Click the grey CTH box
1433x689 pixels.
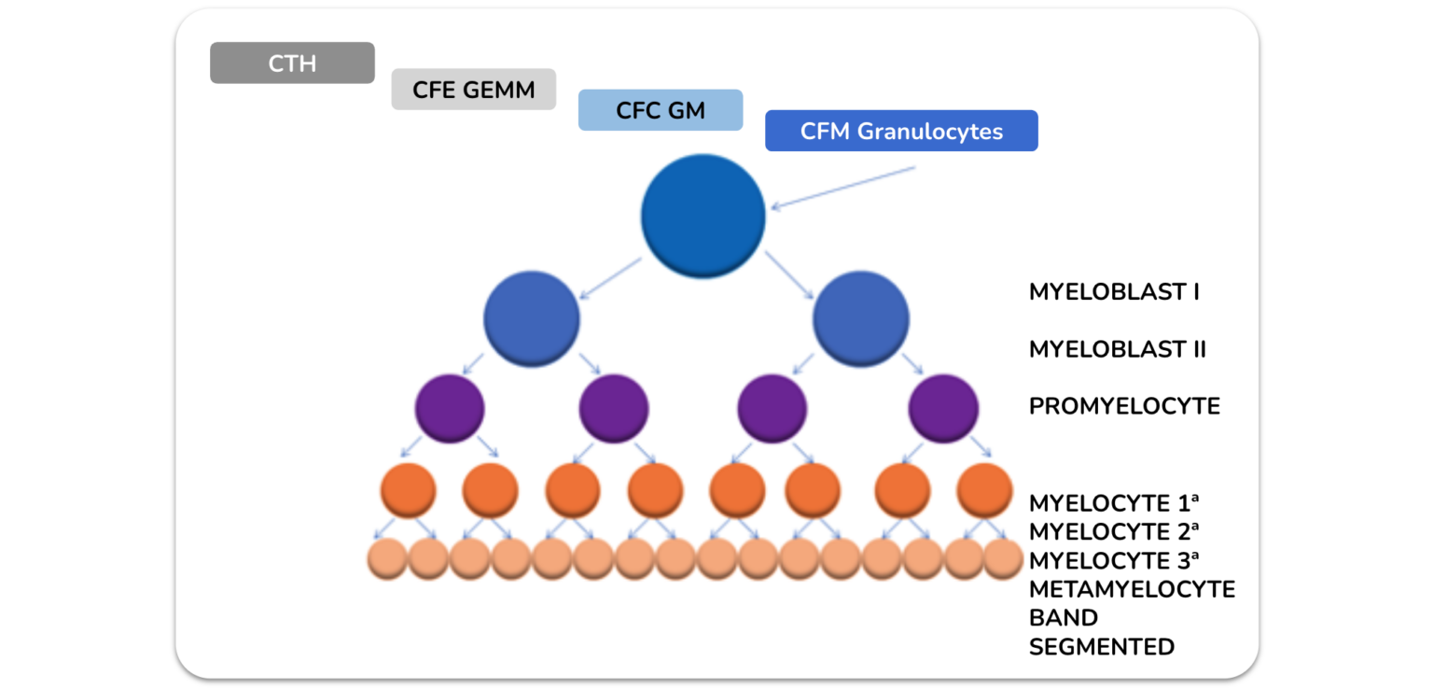[x=292, y=63]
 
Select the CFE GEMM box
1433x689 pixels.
[x=473, y=90]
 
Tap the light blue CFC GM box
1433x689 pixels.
[x=661, y=110]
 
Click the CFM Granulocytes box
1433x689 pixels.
[x=901, y=131]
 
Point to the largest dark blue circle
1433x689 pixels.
[x=703, y=216]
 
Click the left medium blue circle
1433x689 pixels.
[x=532, y=319]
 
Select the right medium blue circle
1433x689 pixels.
[x=861, y=319]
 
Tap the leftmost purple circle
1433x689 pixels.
[x=450, y=409]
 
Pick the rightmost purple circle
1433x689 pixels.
[x=943, y=409]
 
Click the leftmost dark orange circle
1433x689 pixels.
[x=408, y=490]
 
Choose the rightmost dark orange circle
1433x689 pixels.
[x=984, y=490]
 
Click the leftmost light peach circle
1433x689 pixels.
[x=387, y=559]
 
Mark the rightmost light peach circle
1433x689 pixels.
[x=1003, y=559]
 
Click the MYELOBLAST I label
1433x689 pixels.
[x=1114, y=292]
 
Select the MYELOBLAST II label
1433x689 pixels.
[x=1117, y=349]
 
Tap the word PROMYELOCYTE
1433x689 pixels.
[x=1124, y=406]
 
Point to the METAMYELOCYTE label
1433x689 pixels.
[x=1132, y=589]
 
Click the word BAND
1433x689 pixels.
[x=1064, y=618]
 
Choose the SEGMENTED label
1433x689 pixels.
[x=1102, y=647]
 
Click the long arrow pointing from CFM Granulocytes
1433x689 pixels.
[x=843, y=188]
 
